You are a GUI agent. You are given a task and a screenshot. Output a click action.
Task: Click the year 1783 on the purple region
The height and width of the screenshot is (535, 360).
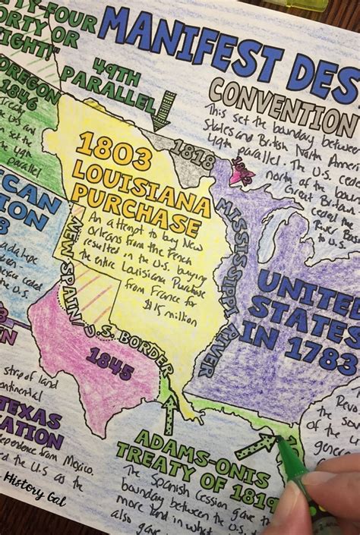pyautogui.click(x=314, y=356)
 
